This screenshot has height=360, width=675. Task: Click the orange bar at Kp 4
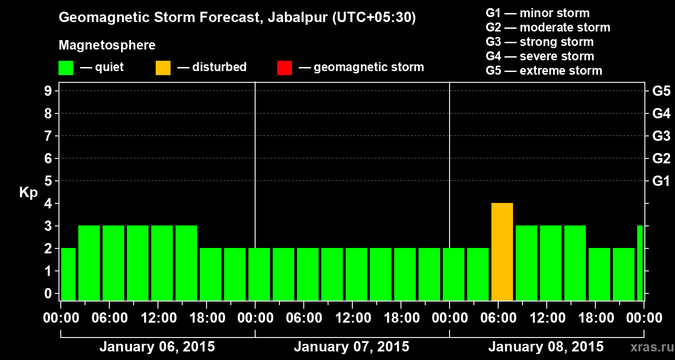click(502, 252)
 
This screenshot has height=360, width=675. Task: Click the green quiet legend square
click(66, 67)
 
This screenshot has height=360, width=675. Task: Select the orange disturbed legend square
click(163, 67)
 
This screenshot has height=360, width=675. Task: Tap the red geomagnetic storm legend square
click(284, 67)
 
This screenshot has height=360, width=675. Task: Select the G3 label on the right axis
click(661, 136)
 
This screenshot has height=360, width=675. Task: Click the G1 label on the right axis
click(661, 181)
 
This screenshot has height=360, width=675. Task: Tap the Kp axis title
click(28, 193)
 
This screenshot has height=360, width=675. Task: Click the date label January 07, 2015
click(351, 347)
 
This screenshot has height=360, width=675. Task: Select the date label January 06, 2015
click(157, 347)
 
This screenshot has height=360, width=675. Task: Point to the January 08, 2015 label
click(546, 347)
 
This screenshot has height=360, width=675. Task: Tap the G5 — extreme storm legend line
click(544, 71)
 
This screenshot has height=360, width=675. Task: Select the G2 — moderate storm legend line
click(548, 27)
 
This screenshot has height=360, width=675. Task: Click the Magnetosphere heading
click(107, 45)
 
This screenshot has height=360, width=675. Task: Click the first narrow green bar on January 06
click(68, 274)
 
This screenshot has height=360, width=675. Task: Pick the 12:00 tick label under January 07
click(353, 318)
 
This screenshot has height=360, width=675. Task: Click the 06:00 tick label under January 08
click(499, 318)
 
